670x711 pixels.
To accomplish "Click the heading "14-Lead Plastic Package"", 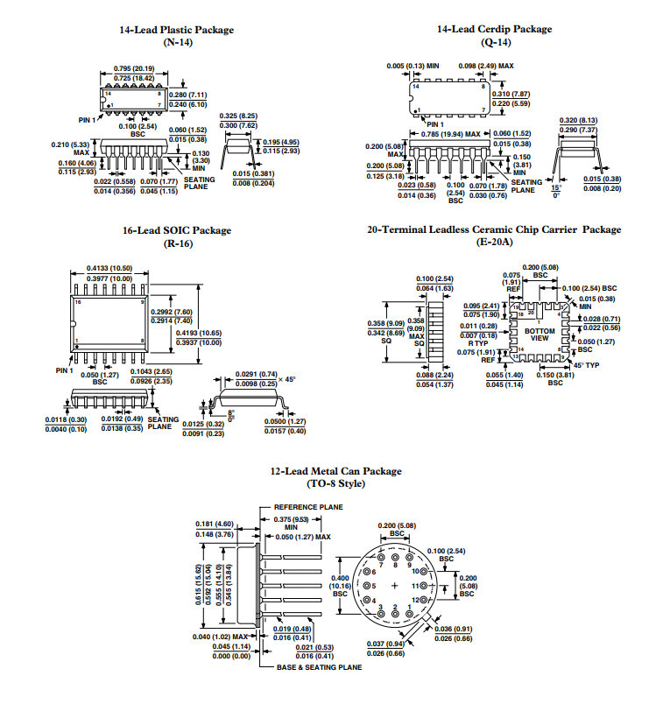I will point(176,30).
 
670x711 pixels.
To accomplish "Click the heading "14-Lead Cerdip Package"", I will point(494,29).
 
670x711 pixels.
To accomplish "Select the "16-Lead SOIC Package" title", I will point(176,230).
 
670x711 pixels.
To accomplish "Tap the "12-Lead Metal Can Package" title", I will point(335,471).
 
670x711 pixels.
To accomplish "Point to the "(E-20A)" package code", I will point(494,241).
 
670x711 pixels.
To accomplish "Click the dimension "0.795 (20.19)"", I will point(134,68).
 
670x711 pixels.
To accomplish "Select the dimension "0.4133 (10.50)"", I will point(109,268).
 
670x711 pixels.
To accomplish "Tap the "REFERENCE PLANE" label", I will point(308,506).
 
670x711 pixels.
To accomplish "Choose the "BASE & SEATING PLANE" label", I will point(319,667).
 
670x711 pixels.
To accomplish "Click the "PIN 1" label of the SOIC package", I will point(64,370).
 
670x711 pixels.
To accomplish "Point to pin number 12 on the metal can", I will point(416,599).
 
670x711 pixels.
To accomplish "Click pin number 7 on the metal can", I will point(383,565).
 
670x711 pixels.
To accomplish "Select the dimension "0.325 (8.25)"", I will point(238,116).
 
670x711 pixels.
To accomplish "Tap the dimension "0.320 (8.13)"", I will point(578,120).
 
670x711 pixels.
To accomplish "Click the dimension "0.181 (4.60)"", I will point(214,524).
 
